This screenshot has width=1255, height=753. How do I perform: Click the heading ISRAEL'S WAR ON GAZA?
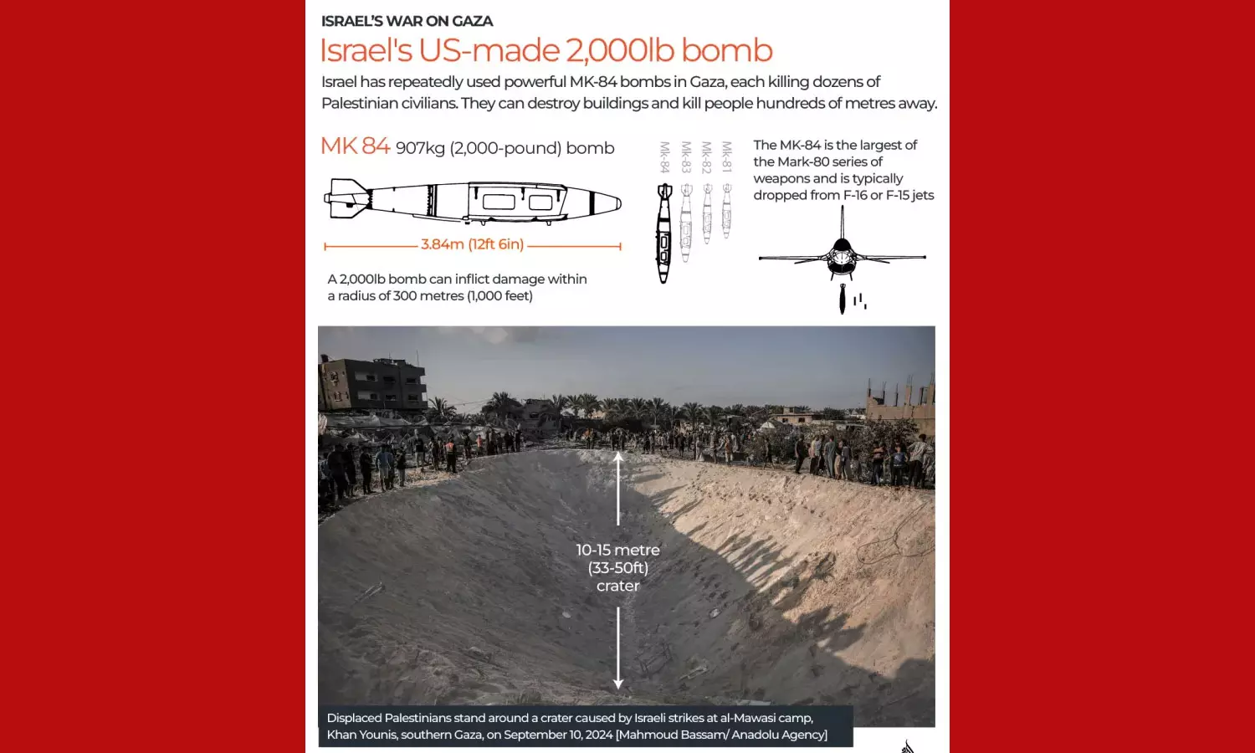[x=407, y=21]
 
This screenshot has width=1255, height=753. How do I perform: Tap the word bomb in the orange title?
[x=726, y=51]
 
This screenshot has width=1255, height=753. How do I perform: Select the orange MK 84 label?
[x=355, y=146]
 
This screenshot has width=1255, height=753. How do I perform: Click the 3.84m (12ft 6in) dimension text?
[x=472, y=244]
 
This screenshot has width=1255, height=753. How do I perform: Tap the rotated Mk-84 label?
[x=664, y=157]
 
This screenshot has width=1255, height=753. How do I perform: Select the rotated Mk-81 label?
[x=726, y=157]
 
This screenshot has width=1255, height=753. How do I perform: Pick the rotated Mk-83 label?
[x=685, y=157]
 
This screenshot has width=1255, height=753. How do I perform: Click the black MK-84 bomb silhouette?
[x=664, y=234]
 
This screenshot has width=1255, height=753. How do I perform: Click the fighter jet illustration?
[x=842, y=251]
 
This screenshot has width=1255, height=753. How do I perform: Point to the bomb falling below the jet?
[x=843, y=300]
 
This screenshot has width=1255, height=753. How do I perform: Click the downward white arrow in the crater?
[x=618, y=648]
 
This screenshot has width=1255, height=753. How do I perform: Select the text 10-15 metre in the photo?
[x=617, y=550]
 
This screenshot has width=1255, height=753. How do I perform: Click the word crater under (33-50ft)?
[x=617, y=586]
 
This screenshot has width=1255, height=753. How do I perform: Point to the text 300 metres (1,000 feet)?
[x=463, y=296]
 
